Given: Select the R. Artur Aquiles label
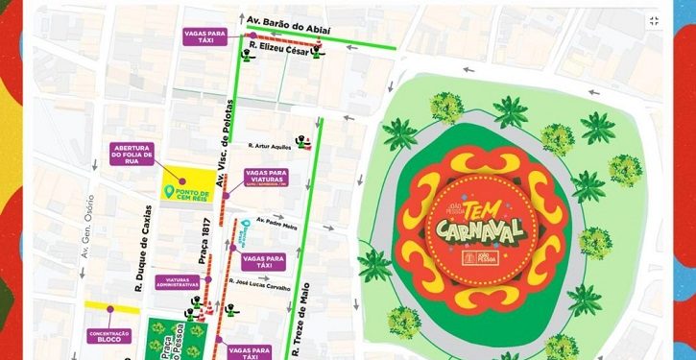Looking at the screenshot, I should [x=267, y=147].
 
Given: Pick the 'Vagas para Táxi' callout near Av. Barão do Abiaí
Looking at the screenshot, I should [x=204, y=37].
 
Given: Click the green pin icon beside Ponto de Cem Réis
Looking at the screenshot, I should [x=170, y=189].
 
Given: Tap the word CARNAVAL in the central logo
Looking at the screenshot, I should [x=476, y=231].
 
